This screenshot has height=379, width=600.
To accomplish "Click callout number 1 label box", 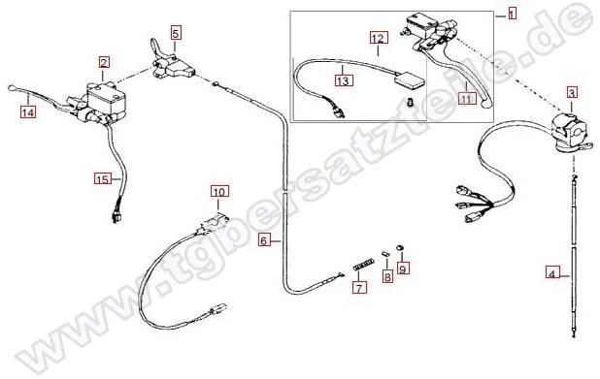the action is click(x=512, y=14).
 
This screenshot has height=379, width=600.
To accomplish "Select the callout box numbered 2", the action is click(x=104, y=63).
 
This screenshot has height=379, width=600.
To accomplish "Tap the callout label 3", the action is click(x=572, y=92).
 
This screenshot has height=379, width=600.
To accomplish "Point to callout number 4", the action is click(x=551, y=274).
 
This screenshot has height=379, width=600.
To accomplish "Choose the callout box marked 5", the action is click(x=176, y=33).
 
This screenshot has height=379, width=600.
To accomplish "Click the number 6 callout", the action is click(x=263, y=240).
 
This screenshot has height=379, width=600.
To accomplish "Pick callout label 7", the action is click(x=359, y=287).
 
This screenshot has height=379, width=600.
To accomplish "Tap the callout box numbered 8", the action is click(x=387, y=276).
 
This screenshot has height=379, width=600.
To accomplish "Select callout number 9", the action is click(x=403, y=268).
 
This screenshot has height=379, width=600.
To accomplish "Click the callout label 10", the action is click(x=219, y=191).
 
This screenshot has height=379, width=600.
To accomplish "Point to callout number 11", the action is click(x=467, y=99).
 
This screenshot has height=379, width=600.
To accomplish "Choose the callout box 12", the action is click(x=378, y=38).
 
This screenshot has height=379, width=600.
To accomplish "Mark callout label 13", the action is click(x=344, y=80).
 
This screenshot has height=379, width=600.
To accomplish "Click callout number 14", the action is click(x=28, y=111).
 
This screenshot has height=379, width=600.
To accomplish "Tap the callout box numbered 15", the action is click(x=103, y=178).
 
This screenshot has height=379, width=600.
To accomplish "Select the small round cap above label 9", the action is click(x=399, y=247).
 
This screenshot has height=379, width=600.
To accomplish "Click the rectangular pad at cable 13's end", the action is click(x=409, y=80).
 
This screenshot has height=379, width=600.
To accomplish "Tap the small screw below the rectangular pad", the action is click(x=411, y=103).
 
